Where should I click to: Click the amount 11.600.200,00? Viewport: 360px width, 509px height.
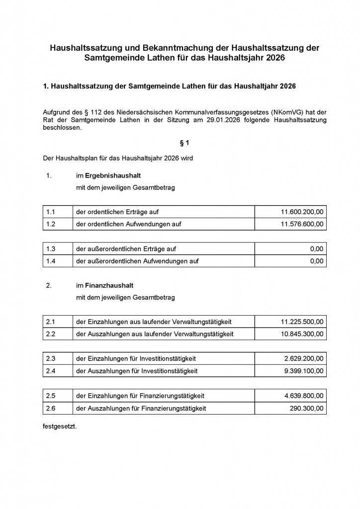[x=302, y=212]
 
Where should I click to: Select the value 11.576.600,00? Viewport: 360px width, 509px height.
[x=302, y=224]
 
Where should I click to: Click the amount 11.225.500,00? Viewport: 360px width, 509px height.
[x=302, y=322]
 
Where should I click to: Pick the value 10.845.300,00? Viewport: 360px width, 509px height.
[x=302, y=334]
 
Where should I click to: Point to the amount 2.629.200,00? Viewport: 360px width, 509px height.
[x=304, y=358]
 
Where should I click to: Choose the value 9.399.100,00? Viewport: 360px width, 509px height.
[x=304, y=371]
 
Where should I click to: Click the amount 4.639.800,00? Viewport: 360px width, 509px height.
[x=304, y=396]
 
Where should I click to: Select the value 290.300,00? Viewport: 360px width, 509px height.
[x=307, y=408]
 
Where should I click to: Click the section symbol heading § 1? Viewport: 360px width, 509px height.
[x=184, y=143]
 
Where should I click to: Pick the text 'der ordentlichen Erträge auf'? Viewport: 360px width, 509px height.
[x=117, y=212]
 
